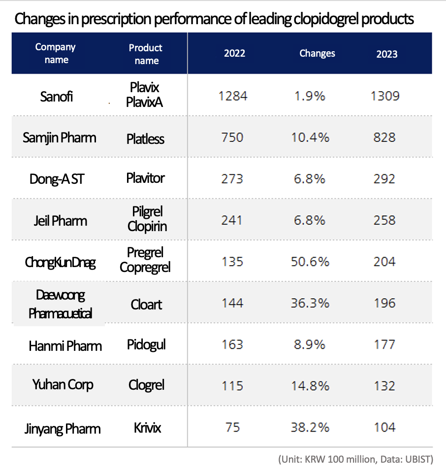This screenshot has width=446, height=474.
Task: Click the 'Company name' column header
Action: tap(55, 53)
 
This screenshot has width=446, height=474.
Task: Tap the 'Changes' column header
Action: tap(317, 53)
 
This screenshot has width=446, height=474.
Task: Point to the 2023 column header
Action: tap(387, 54)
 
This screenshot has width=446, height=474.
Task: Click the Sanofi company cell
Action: tap(57, 96)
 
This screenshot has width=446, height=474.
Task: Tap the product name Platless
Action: tap(145, 138)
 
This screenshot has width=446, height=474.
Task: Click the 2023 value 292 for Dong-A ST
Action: tap(384, 178)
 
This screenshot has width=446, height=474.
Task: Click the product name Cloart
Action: tap(146, 304)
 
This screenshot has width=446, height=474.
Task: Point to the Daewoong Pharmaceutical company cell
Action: tap(61, 304)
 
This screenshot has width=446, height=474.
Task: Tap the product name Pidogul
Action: tap(146, 344)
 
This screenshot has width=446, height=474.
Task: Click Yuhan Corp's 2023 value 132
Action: tap(384, 385)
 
